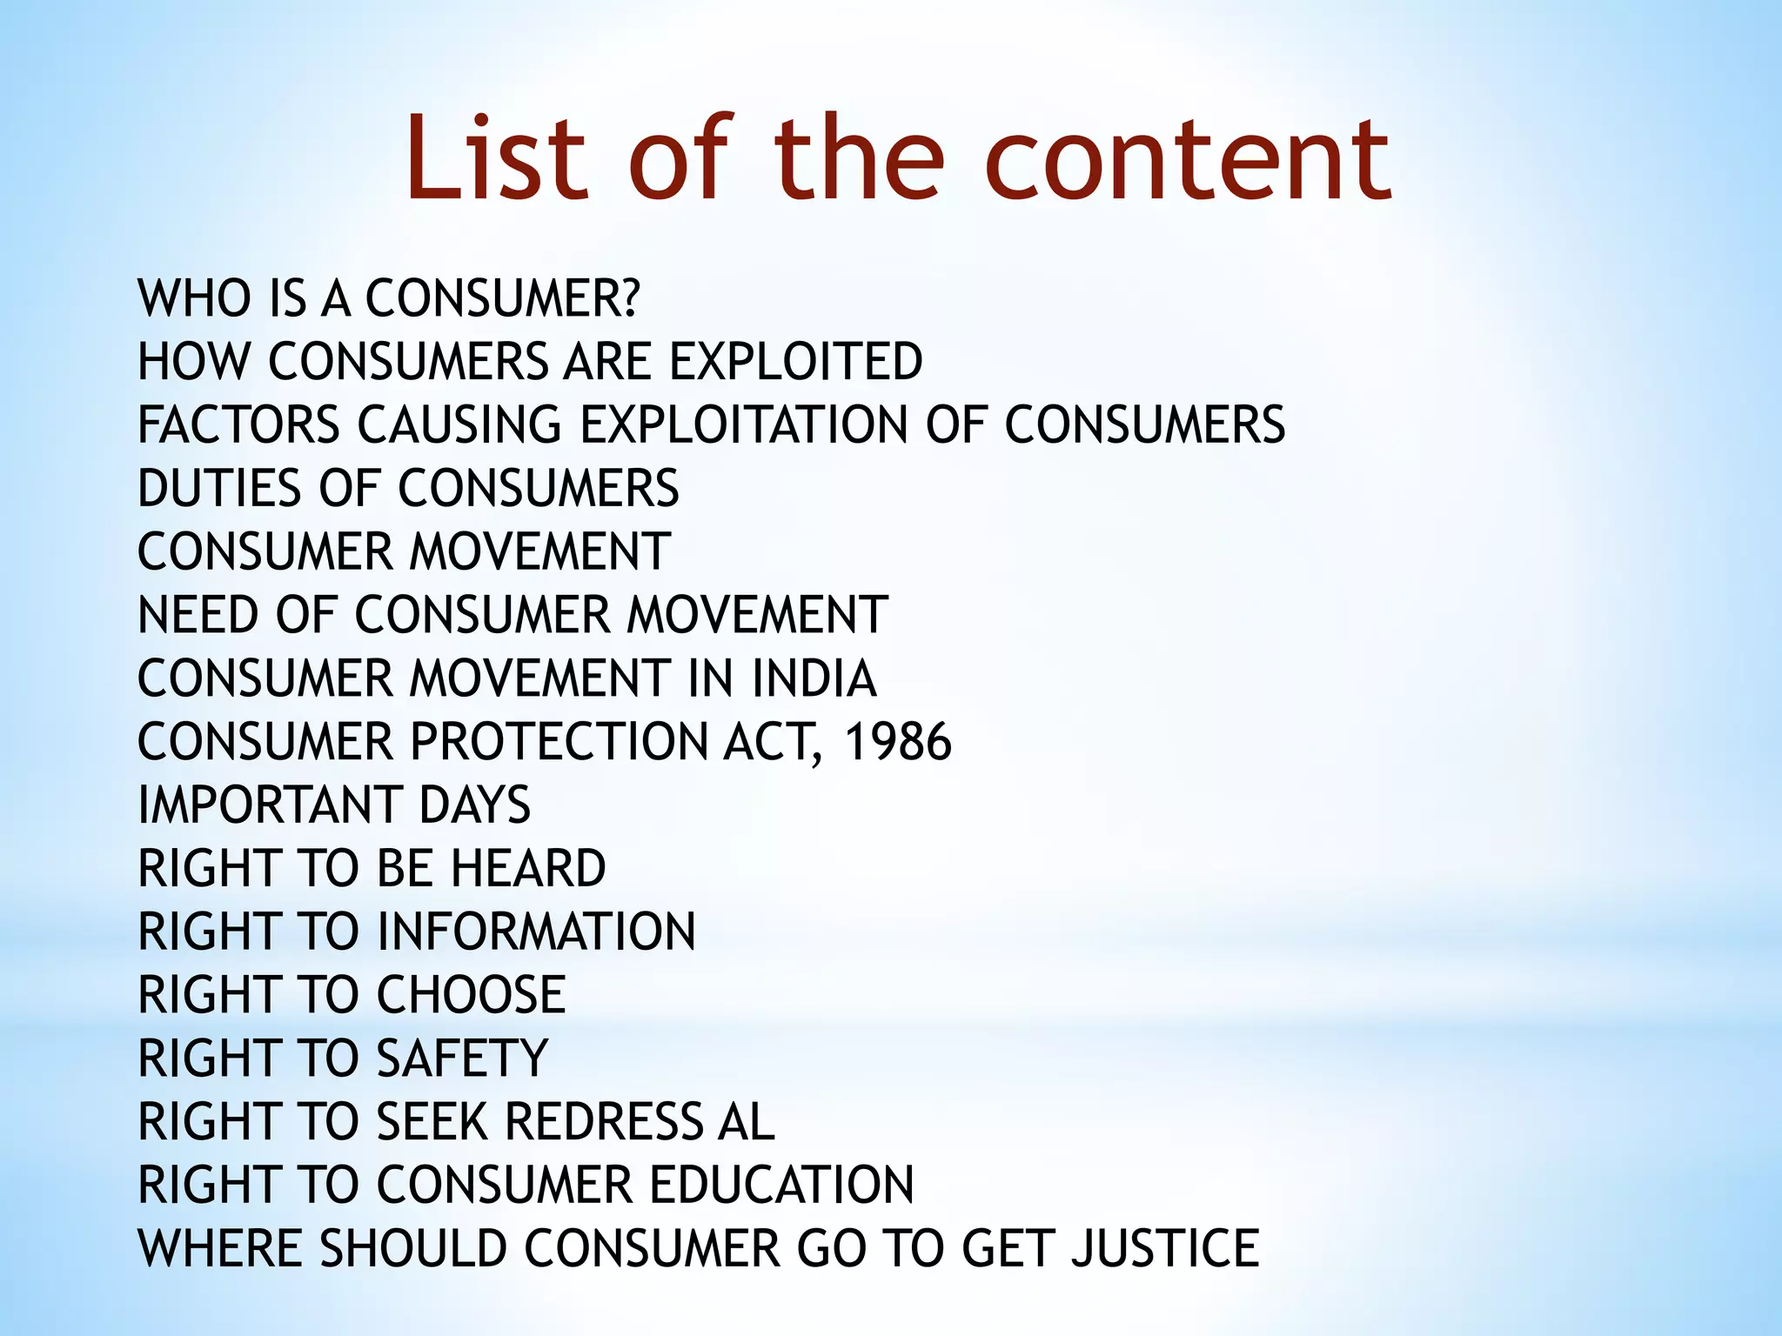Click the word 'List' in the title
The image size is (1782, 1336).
point(497,159)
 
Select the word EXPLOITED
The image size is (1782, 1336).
point(795,362)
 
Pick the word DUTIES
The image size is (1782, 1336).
point(218,488)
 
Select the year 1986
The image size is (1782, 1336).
point(899,742)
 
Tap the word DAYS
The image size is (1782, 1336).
point(474,805)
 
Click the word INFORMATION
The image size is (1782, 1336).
point(536,932)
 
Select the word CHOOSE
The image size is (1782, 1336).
point(471,995)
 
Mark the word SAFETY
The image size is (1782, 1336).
point(462,1059)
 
